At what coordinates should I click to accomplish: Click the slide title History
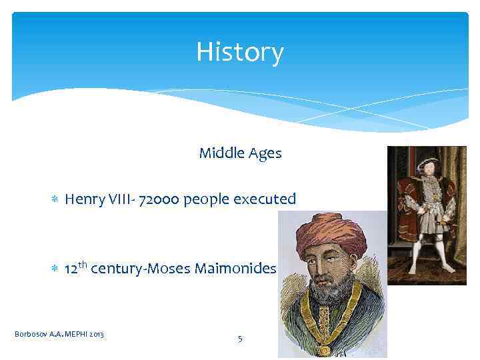[240, 51]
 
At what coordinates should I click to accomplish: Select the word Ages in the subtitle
[265, 154]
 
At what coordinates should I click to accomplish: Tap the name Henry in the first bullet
[83, 199]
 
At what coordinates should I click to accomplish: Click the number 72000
[159, 199]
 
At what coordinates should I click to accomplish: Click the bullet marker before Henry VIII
[55, 199]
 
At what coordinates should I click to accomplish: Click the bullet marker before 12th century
[55, 269]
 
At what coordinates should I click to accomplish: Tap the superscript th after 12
[82, 265]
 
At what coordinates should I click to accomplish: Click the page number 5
[240, 339]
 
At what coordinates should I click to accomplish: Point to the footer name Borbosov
[29, 333]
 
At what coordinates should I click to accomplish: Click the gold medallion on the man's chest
[325, 349]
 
